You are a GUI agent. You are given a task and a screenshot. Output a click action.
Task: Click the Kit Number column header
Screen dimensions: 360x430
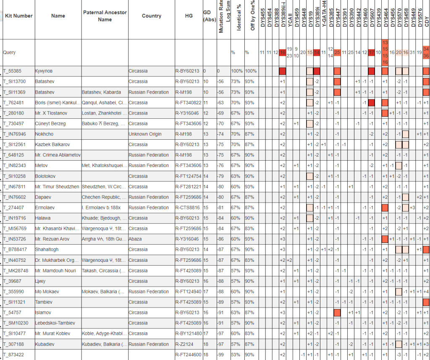tap(18, 16)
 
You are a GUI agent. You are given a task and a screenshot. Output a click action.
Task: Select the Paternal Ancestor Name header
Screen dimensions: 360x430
tap(105, 16)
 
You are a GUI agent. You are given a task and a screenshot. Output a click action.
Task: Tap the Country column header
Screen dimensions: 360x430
tap(152, 16)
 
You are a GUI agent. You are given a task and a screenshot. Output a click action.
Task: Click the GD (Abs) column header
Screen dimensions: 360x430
tap(207, 16)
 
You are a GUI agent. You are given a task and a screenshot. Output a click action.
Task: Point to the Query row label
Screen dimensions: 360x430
tap(10, 52)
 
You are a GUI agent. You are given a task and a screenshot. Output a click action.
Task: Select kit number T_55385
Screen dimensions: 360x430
tap(15, 71)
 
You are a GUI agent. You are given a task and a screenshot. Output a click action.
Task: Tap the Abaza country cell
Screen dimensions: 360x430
tap(136, 239)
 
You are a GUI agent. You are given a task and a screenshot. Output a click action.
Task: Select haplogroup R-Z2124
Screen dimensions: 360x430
tap(184, 344)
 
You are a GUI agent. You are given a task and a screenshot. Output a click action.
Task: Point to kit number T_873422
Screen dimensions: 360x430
tap(16, 355)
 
